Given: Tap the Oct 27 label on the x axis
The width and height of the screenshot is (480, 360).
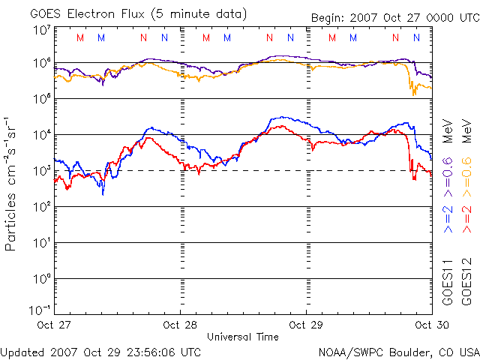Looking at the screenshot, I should click(x=54, y=325).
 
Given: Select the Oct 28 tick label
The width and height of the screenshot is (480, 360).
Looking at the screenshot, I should click(x=180, y=325).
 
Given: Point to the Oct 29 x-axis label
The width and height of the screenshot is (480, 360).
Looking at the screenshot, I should click(x=306, y=325).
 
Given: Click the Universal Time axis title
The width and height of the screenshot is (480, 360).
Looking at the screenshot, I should click(x=243, y=337).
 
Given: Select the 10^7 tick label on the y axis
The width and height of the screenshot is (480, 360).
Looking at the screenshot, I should click(x=42, y=30).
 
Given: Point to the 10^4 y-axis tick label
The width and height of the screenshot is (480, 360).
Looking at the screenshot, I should click(x=42, y=134).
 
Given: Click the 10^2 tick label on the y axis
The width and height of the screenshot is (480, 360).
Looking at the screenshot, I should click(x=42, y=206).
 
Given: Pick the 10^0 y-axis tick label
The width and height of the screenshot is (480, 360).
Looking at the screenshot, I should click(x=42, y=278).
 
